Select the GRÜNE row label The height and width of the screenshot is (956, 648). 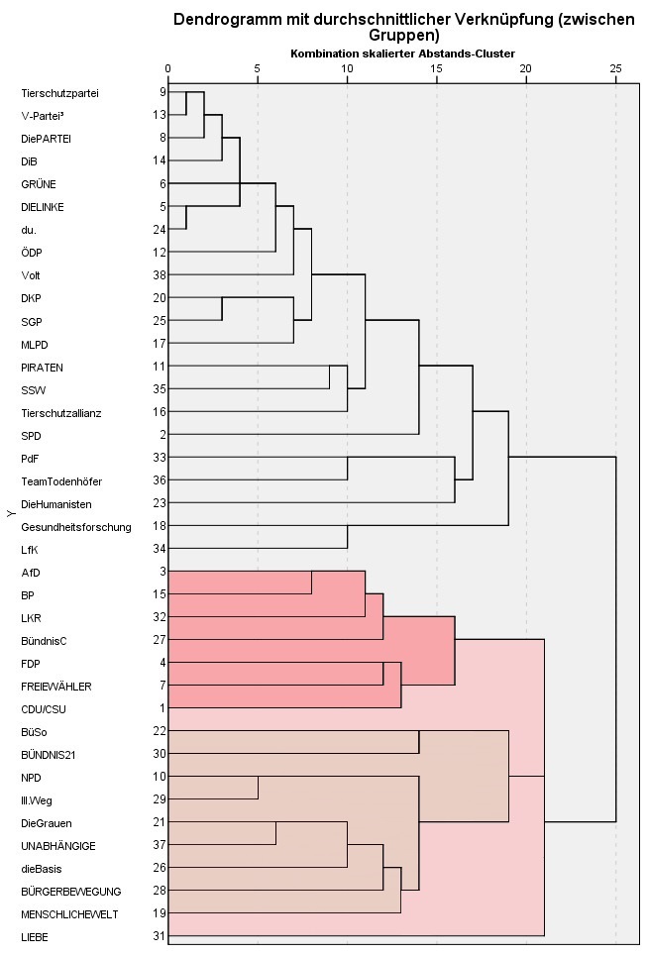(39, 184)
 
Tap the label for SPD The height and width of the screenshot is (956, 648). (32, 436)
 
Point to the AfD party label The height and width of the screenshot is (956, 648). (31, 573)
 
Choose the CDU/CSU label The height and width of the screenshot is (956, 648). (44, 709)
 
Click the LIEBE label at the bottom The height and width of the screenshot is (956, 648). (36, 936)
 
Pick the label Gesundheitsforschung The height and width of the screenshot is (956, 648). (76, 527)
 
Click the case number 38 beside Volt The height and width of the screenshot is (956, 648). (160, 275)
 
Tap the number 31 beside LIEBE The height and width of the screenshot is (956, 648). (160, 936)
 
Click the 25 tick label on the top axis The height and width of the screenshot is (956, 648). (616, 68)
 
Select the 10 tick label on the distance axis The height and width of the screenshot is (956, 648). (347, 68)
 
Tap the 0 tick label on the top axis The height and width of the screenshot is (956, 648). (168, 68)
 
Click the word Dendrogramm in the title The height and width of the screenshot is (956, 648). (223, 19)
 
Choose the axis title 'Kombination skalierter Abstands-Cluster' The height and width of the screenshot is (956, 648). (401, 53)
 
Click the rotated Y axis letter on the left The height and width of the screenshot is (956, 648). (9, 513)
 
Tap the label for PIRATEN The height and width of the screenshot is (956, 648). (42, 368)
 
